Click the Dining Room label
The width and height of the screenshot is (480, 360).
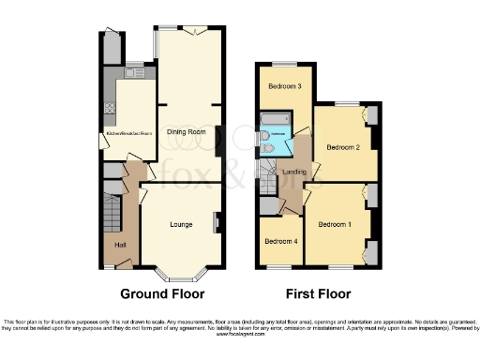click(186, 132)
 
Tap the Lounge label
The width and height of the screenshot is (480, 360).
click(181, 224)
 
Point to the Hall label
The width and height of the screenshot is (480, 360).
click(120, 245)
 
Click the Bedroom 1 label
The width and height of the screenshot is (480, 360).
click(335, 225)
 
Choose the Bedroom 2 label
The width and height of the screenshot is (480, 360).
click(343, 147)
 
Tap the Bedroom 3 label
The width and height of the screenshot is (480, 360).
click(284, 87)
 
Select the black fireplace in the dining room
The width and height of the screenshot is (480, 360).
click(218, 141)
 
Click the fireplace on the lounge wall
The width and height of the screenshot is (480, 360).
click(217, 222)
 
